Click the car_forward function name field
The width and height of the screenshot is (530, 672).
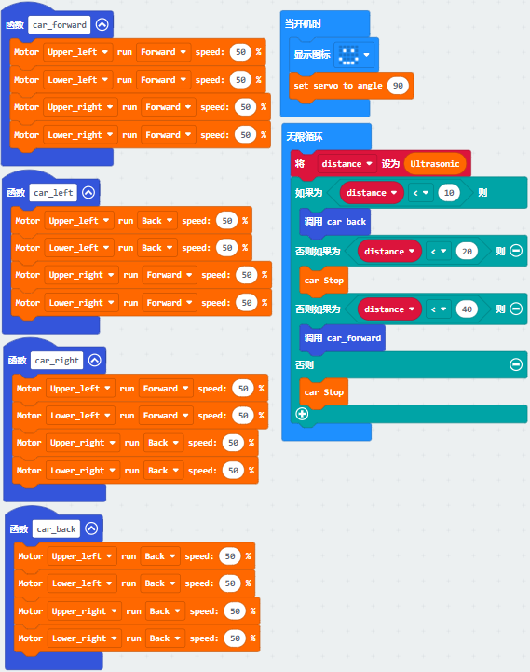tap(60, 25)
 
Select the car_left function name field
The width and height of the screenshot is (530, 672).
tap(53, 193)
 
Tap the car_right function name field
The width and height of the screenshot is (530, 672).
tap(57, 361)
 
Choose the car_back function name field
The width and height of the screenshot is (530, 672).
tap(56, 528)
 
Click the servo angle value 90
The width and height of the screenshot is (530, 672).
tap(398, 86)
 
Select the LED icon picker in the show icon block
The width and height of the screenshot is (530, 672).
tap(353, 55)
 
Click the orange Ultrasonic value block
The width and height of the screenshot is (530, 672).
tap(434, 164)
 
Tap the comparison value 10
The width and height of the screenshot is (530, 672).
tap(449, 193)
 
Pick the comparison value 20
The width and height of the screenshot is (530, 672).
tap(467, 251)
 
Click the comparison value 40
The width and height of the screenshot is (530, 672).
tap(467, 309)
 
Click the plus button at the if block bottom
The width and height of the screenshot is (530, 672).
tap(302, 414)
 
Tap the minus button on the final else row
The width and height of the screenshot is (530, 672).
tap(516, 364)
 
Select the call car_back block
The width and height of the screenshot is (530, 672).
tap(335, 222)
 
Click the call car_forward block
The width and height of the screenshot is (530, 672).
tap(343, 338)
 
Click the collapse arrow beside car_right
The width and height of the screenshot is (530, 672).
tap(95, 361)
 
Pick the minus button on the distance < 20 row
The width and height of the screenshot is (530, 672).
tap(516, 251)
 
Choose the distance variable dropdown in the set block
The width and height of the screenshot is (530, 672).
tap(347, 164)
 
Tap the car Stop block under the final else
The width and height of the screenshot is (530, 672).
tap(324, 392)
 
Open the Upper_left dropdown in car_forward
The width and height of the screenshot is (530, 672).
tap(78, 52)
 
